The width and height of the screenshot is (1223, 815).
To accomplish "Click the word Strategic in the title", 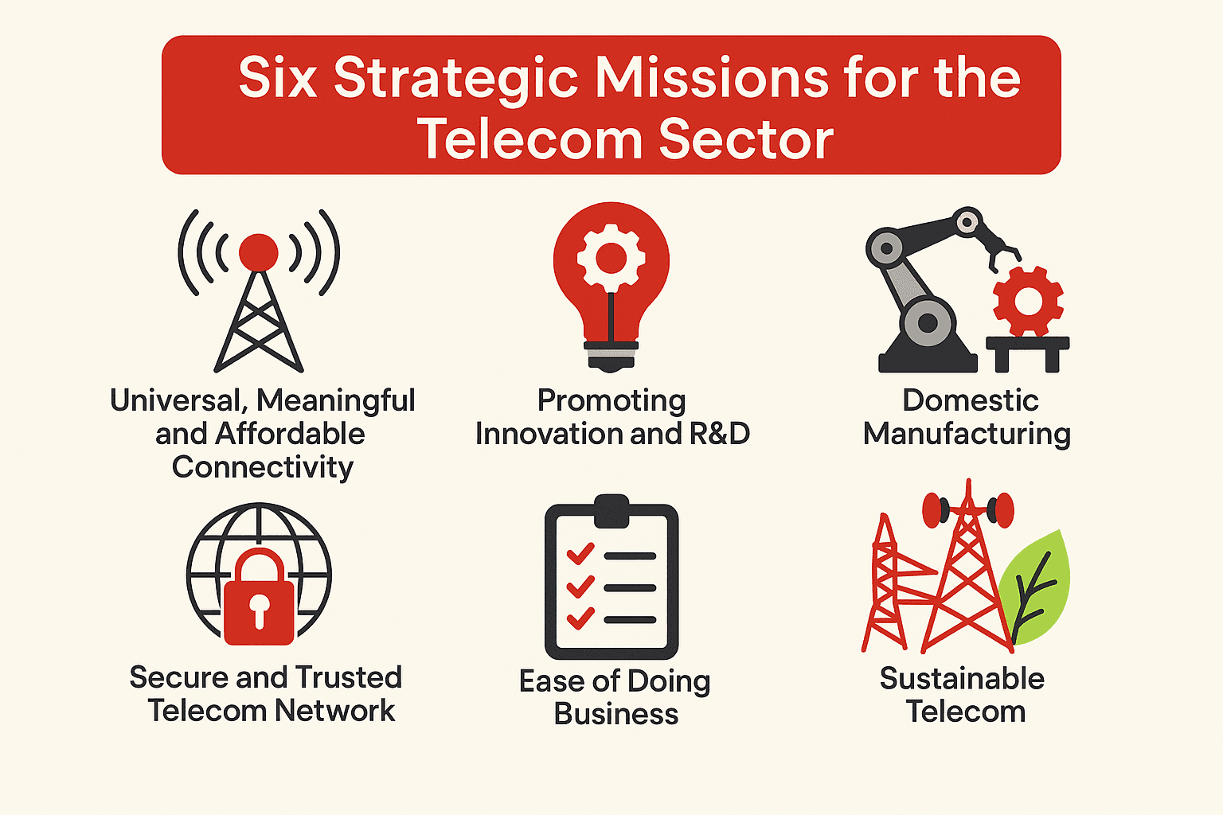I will pyautogui.click(x=455, y=80).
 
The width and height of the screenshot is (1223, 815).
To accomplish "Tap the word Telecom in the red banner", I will pyautogui.click(x=529, y=139).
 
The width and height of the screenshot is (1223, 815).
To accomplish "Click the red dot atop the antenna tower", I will pyautogui.click(x=259, y=252).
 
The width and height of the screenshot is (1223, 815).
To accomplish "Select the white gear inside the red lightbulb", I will pyautogui.click(x=611, y=256).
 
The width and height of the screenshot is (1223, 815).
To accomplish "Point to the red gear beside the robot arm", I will pyautogui.click(x=1028, y=302).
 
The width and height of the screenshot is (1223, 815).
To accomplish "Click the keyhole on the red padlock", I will pyautogui.click(x=259, y=609).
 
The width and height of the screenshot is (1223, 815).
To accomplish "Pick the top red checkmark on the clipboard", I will pyautogui.click(x=580, y=552).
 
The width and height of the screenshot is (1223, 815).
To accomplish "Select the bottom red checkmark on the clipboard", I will pyautogui.click(x=580, y=617).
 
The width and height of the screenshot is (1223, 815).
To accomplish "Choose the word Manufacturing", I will pyautogui.click(x=967, y=435).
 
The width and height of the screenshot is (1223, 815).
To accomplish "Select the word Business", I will pyautogui.click(x=616, y=714).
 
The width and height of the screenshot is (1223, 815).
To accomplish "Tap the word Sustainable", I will pyautogui.click(x=962, y=679).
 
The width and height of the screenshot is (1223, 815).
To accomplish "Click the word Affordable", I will pyautogui.click(x=290, y=434).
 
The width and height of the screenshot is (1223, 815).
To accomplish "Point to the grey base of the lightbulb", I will pyautogui.click(x=611, y=354).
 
